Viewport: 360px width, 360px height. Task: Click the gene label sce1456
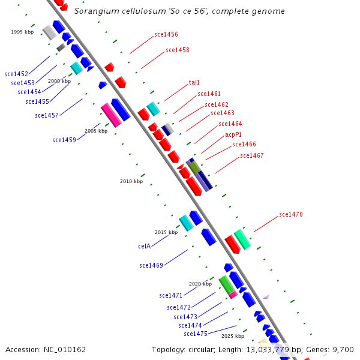(x=166, y=35)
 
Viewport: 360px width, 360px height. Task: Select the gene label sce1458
(x=178, y=50)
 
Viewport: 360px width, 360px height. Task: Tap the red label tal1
(x=194, y=83)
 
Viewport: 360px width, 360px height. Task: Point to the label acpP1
(x=233, y=134)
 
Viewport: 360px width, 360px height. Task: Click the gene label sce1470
(x=291, y=215)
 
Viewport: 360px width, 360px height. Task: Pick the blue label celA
(x=144, y=246)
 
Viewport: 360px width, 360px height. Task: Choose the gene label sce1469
(x=151, y=265)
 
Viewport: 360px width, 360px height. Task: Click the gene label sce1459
(x=64, y=140)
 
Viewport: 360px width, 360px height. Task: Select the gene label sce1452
(x=16, y=74)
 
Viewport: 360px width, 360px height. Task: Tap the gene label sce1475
(x=196, y=334)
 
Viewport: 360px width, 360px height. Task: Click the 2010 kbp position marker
(x=131, y=181)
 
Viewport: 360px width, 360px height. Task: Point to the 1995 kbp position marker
(x=22, y=32)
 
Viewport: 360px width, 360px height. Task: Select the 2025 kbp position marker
(x=233, y=337)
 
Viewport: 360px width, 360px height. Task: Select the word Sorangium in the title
(x=93, y=11)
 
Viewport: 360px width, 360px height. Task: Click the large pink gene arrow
(x=111, y=115)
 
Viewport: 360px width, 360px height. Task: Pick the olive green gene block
(x=195, y=167)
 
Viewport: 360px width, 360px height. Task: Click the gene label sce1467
(x=252, y=156)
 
